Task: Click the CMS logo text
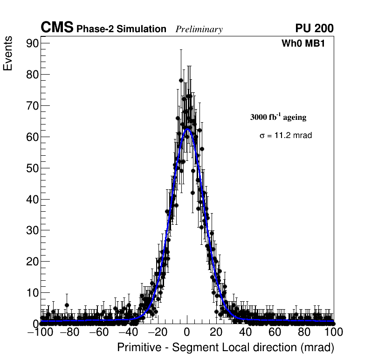point(57,28)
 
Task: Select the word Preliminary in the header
point(199,29)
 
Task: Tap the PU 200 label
point(314,28)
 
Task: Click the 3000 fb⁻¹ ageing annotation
point(278,117)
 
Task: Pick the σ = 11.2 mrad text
point(286,136)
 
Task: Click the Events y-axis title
point(8,55)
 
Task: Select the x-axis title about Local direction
point(226,348)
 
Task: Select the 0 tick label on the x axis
point(187,332)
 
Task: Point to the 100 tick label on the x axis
point(333,332)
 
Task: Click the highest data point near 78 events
point(181,80)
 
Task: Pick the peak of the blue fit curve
point(187,129)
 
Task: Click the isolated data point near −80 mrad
point(67,305)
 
